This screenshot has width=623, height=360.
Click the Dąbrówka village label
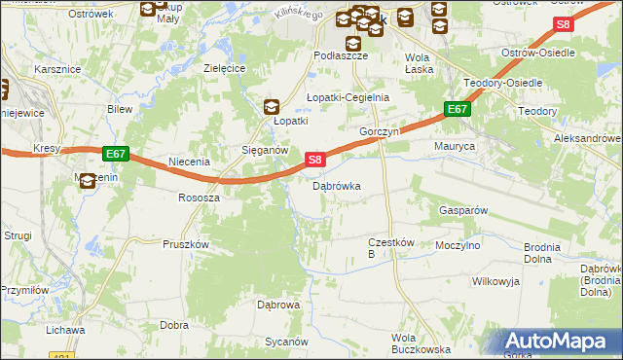click(x=336, y=185)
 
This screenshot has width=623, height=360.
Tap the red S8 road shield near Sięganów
click(x=313, y=159)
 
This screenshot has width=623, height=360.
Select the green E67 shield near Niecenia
click(x=116, y=154)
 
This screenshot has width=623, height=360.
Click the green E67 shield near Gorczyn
click(x=458, y=110)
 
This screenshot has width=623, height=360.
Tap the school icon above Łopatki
click(x=274, y=107)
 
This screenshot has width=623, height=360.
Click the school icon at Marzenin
click(x=88, y=180)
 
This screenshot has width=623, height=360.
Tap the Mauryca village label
click(x=454, y=146)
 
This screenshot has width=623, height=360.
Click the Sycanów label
click(x=286, y=342)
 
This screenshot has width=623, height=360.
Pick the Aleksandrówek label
click(x=588, y=139)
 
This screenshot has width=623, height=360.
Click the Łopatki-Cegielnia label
click(x=348, y=97)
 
